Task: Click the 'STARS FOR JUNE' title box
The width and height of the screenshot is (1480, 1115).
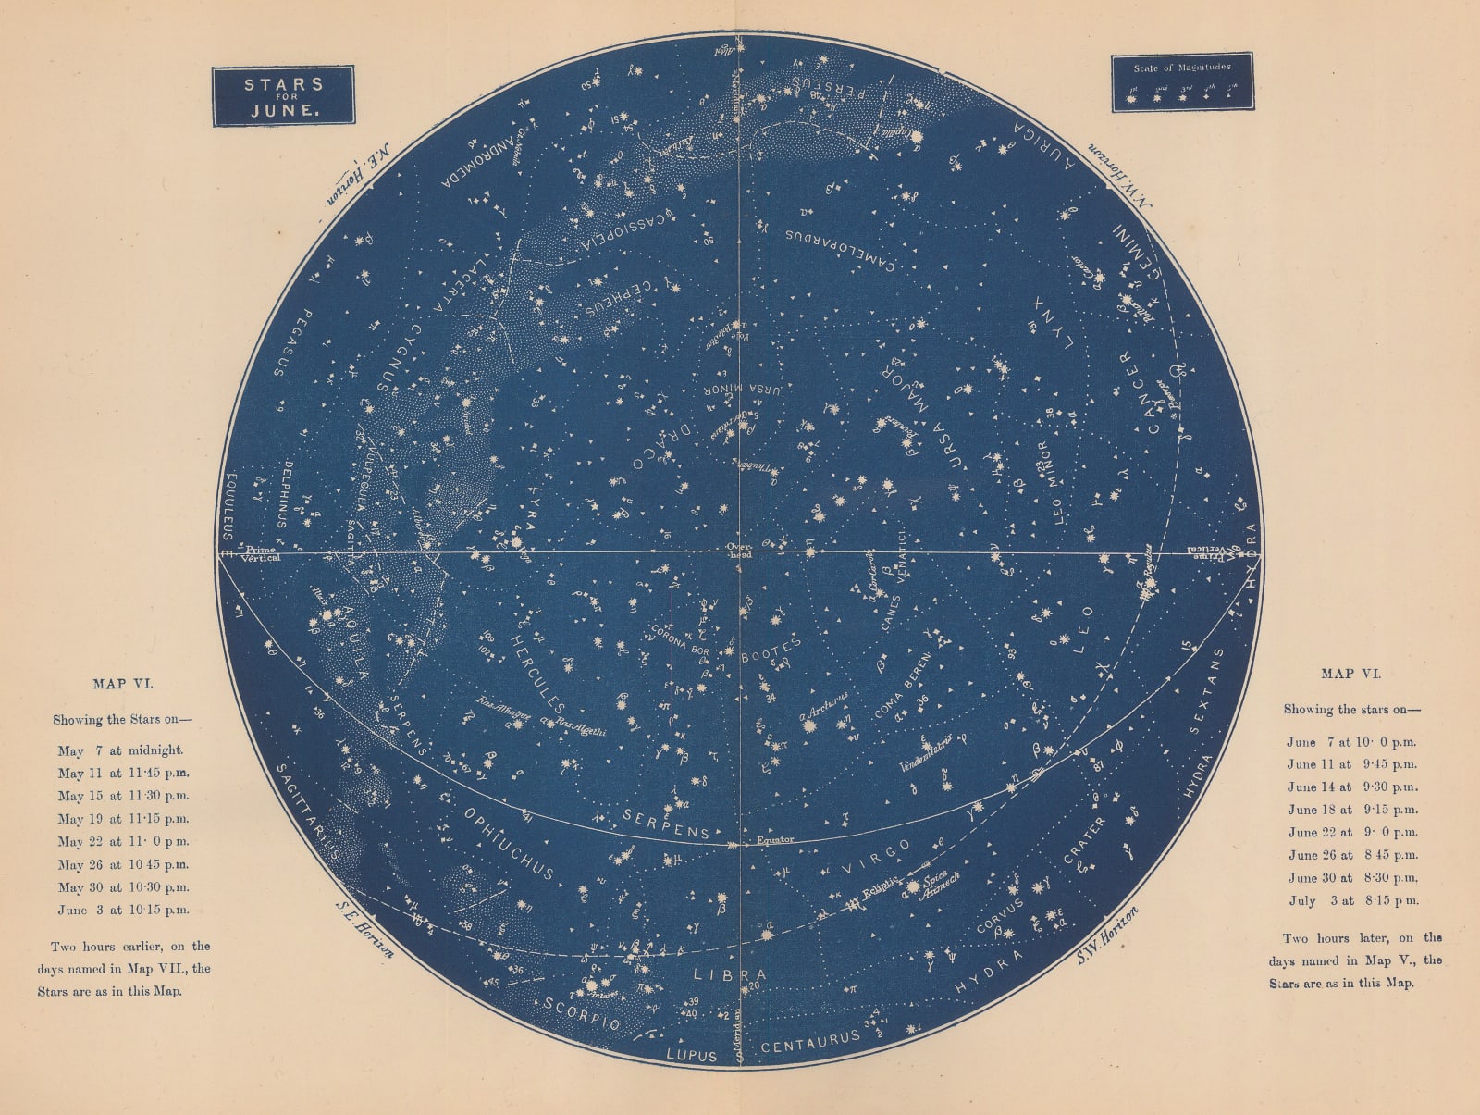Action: tap(283, 96)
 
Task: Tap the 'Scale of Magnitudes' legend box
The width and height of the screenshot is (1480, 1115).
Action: tap(1182, 82)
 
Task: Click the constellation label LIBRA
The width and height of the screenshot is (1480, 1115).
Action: tap(731, 975)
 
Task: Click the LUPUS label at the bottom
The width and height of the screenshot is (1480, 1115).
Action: tap(692, 1056)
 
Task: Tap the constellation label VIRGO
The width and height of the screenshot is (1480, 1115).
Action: tap(876, 856)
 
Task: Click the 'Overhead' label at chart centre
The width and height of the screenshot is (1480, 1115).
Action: tap(739, 551)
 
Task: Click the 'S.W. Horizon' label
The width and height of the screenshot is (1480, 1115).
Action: tap(1107, 935)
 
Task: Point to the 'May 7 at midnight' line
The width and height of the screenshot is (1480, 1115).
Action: tap(120, 750)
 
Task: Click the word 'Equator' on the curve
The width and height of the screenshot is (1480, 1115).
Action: tap(775, 840)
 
